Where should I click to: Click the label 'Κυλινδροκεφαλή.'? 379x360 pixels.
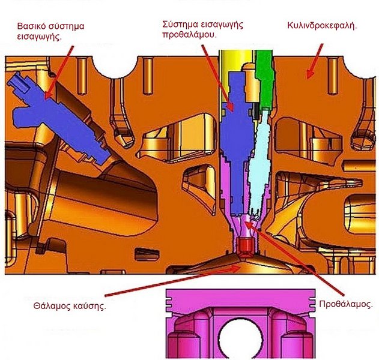(322, 26)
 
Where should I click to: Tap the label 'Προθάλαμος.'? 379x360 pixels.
(345, 304)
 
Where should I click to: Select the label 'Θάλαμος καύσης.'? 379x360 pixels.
(70, 306)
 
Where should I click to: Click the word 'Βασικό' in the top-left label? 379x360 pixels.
(31, 26)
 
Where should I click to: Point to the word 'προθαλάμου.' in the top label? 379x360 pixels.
(189, 35)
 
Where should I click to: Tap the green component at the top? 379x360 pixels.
(264, 80)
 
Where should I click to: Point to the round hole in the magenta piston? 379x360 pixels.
(240, 338)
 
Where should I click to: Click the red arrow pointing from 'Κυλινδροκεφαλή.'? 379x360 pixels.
(315, 61)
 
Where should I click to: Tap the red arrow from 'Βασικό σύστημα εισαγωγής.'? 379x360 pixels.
(59, 73)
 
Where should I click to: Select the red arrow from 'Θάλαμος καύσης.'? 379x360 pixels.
(172, 281)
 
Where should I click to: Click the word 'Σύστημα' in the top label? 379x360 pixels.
(180, 25)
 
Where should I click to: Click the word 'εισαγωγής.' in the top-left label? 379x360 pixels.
(39, 37)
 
